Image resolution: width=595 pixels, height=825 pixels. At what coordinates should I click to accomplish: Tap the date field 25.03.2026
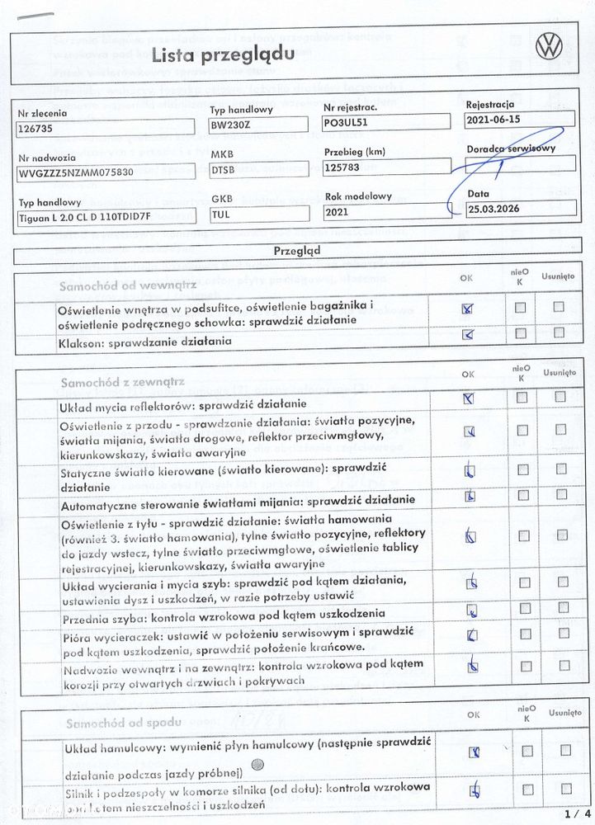pos(520,207)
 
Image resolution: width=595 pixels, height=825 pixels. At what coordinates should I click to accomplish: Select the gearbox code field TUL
pos(259,215)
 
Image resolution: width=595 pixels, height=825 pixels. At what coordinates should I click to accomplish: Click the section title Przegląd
pos(297,249)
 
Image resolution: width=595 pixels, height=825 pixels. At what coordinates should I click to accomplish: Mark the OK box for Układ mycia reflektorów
pos(469,398)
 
